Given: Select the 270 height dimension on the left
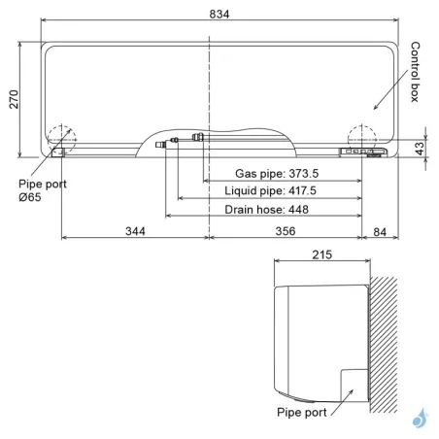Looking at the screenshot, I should point(14,97).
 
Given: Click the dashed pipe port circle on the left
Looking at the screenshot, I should point(59,138).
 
